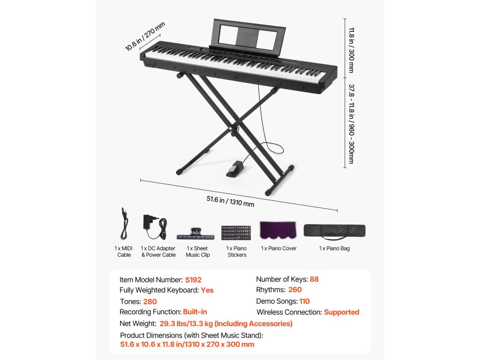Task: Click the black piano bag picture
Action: click(334, 231)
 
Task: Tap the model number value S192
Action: click(193, 280)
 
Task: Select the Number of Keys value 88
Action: click(314, 279)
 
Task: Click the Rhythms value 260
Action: click(295, 290)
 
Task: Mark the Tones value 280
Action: click(150, 302)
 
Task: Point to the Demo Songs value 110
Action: click(304, 301)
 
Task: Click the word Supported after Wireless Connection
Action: click(341, 312)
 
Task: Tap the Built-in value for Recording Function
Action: click(195, 312)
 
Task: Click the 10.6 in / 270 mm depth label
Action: click(145, 36)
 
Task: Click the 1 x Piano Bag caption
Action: click(334, 248)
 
